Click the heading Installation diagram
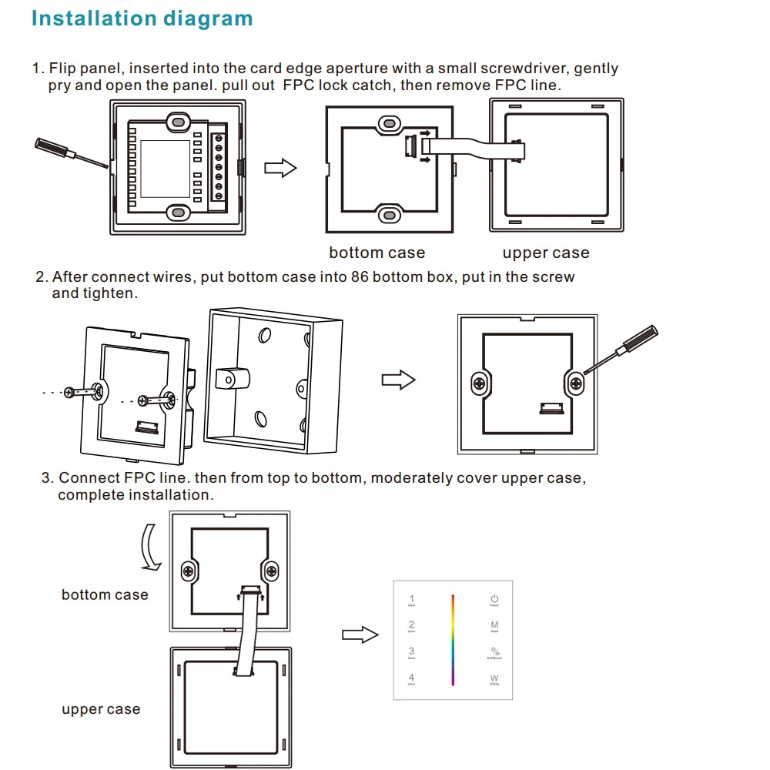point(142,18)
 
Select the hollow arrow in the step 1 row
point(280,168)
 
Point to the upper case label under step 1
point(545,253)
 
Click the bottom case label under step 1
point(377,253)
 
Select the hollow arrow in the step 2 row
point(398,380)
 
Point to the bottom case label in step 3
point(105,594)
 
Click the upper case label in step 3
point(101,709)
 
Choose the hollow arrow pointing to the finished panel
point(360,634)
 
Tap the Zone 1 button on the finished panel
point(412,601)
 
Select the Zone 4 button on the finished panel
point(412,680)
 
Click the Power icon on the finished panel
point(494,601)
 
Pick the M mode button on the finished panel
point(494,628)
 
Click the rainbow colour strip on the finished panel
point(453,639)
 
